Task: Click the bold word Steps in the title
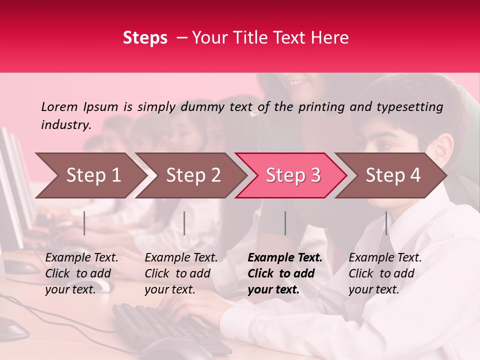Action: click(145, 38)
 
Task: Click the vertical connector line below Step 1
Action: click(84, 223)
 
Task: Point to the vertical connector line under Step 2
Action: click(184, 223)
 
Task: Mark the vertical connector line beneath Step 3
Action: click(285, 223)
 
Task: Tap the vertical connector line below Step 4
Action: click(386, 223)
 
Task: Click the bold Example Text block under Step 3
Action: click(285, 273)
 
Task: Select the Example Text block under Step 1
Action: click(81, 273)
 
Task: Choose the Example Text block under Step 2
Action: click(181, 273)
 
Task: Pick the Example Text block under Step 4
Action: click(385, 273)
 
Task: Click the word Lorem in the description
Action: click(59, 106)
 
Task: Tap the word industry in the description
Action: click(65, 125)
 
